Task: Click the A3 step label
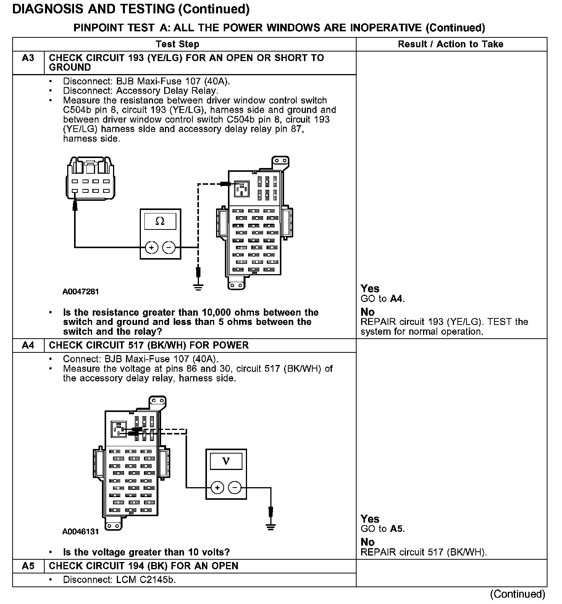pyautogui.click(x=28, y=58)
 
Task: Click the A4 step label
pyautogui.click(x=28, y=346)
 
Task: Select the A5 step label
pyautogui.click(x=28, y=566)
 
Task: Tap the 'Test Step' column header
pyautogui.click(x=178, y=44)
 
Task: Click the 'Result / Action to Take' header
pyautogui.click(x=451, y=44)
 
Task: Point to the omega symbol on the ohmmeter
pyautogui.click(x=160, y=221)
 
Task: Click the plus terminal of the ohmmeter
pyautogui.click(x=152, y=247)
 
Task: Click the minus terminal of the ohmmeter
pyautogui.click(x=169, y=247)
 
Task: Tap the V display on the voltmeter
pyautogui.click(x=226, y=461)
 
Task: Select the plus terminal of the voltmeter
pyautogui.click(x=217, y=488)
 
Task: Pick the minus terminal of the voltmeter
pyautogui.click(x=235, y=488)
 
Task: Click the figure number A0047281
pyautogui.click(x=81, y=292)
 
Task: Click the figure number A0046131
pyautogui.click(x=81, y=531)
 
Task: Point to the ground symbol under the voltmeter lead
pyautogui.click(x=271, y=527)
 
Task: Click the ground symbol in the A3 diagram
pyautogui.click(x=198, y=287)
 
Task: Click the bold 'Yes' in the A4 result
pyautogui.click(x=370, y=519)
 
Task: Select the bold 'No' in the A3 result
pyautogui.click(x=368, y=312)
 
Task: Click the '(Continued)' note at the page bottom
pyautogui.click(x=518, y=594)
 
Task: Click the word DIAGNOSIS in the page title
pyautogui.click(x=48, y=9)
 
